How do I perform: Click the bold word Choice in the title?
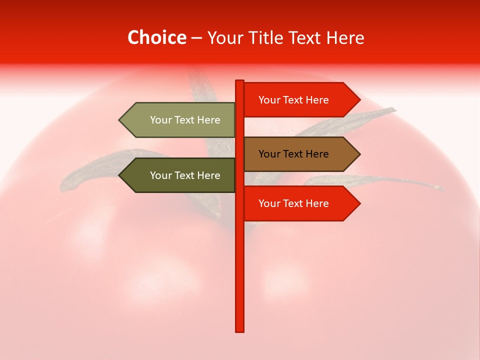coord(156,37)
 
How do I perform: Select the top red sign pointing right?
coord(295,99)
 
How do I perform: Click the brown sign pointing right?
coord(295,154)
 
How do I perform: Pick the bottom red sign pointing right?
coord(295,203)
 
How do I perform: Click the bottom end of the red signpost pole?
coord(239,329)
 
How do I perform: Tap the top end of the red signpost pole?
coord(239,82)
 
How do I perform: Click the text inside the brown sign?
coord(293,154)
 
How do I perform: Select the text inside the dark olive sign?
coord(185,175)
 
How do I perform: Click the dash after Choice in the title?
coord(196,38)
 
